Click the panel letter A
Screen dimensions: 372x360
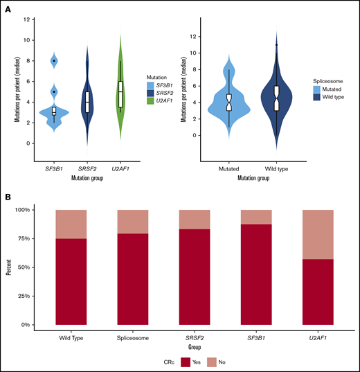pos(8,9)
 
